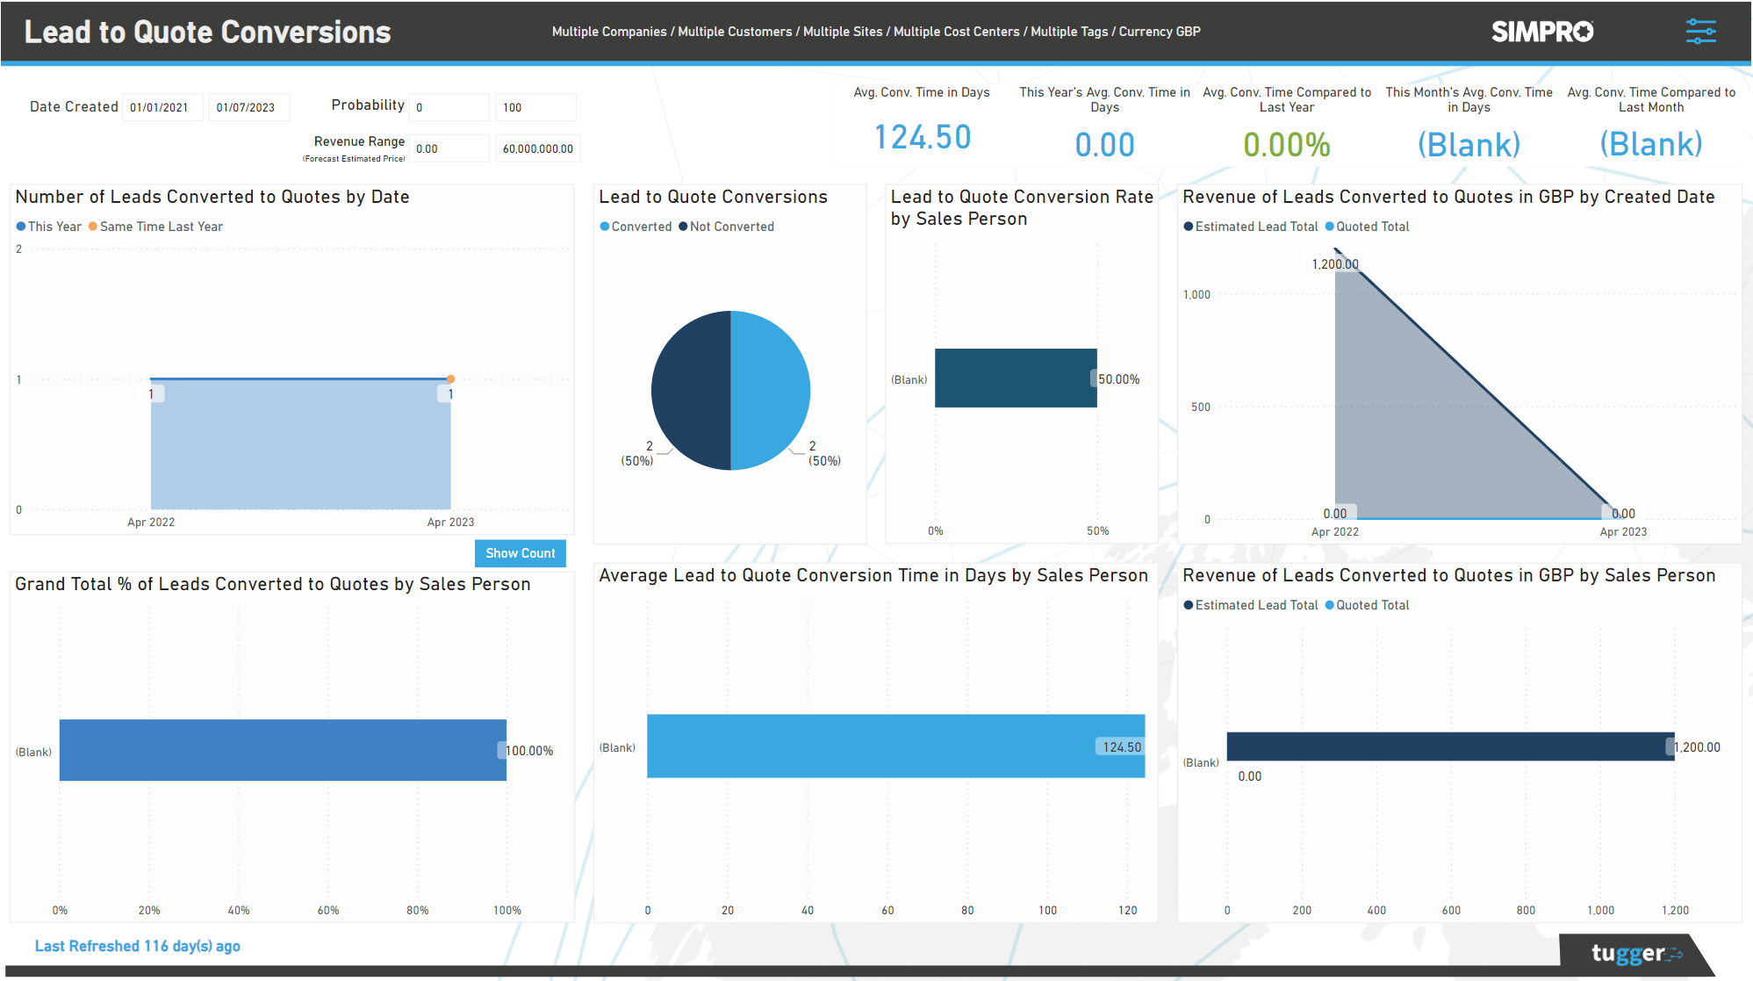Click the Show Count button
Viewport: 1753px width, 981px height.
click(520, 553)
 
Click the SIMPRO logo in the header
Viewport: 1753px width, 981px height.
click(1541, 32)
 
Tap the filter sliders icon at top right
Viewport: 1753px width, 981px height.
click(1700, 32)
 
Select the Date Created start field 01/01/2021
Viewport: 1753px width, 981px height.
click(162, 107)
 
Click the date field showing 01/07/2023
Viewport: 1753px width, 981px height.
click(248, 107)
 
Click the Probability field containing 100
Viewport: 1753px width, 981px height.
click(535, 107)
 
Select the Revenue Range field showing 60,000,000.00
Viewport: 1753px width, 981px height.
click(537, 148)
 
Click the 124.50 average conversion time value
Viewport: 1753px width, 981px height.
click(922, 138)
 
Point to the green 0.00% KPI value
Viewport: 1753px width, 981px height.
click(1286, 145)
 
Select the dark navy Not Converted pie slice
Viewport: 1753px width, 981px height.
click(691, 389)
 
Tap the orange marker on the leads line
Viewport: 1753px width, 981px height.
click(450, 379)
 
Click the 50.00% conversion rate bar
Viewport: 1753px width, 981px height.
click(1015, 378)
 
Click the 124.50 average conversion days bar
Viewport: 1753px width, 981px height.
click(895, 746)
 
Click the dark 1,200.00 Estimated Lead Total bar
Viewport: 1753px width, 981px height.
click(1449, 746)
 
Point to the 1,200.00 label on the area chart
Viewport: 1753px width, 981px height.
click(1334, 264)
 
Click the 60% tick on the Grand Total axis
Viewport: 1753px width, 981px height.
click(328, 910)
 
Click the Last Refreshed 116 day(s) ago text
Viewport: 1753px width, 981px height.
click(138, 946)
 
